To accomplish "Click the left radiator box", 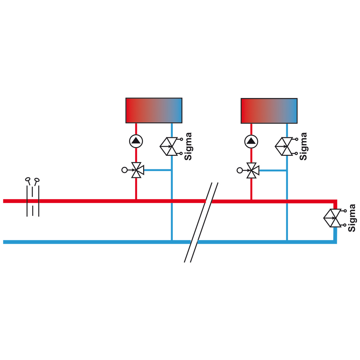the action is [154, 110].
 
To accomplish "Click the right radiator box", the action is [269, 111].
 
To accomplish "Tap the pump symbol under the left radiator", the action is [136, 141].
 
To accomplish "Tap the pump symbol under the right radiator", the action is [251, 142].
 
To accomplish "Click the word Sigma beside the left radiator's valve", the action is [188, 146].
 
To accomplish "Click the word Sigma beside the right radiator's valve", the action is [303, 146].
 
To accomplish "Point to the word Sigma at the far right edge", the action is [352, 218].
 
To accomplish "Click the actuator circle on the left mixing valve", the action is [124, 170].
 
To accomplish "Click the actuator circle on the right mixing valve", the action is [239, 170].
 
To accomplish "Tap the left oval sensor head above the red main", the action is [28, 179].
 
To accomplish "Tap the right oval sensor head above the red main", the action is [37, 180].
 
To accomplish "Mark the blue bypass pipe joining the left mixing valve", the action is [157, 170].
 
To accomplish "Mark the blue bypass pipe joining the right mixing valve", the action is [273, 170].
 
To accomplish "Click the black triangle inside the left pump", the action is [136, 140].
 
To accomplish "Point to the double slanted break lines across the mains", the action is [201, 222].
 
